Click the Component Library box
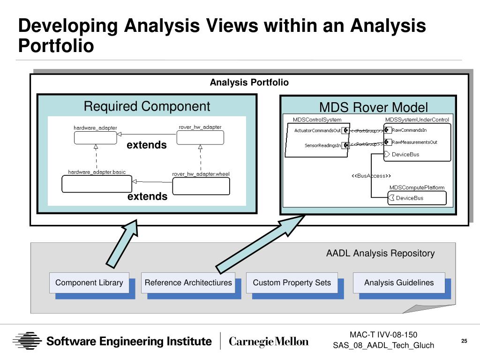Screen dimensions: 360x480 pyautogui.click(x=89, y=283)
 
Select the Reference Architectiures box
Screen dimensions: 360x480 pyautogui.click(x=188, y=283)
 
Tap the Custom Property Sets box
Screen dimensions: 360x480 pyautogui.click(x=292, y=283)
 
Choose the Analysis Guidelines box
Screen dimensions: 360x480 pyautogui.click(x=399, y=283)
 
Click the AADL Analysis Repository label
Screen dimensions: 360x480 pyautogui.click(x=380, y=254)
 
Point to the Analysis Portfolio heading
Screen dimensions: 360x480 pyautogui.click(x=249, y=83)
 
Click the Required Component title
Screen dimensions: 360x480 pyautogui.click(x=147, y=106)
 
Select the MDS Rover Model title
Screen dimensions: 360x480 pyautogui.click(x=374, y=107)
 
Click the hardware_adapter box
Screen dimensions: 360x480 pyautogui.click(x=95, y=137)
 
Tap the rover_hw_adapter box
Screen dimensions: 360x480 pyautogui.click(x=200, y=137)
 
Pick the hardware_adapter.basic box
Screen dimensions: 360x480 pyautogui.click(x=97, y=184)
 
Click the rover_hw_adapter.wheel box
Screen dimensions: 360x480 pyautogui.click(x=201, y=186)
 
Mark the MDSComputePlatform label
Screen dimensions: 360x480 pyautogui.click(x=417, y=187)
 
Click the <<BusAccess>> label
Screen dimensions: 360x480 pyautogui.click(x=371, y=176)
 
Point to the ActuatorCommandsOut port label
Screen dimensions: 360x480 pyautogui.click(x=317, y=131)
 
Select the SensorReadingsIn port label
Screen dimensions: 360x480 pyautogui.click(x=322, y=146)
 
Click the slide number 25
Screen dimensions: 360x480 pyautogui.click(x=464, y=341)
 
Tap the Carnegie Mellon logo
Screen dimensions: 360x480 pyautogui.click(x=269, y=341)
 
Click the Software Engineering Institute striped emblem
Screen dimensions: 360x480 pyautogui.click(x=27, y=341)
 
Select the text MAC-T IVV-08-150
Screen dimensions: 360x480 pyautogui.click(x=383, y=335)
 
